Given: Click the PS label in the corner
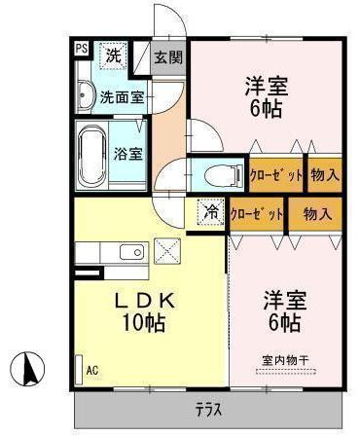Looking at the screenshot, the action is pos(82,49).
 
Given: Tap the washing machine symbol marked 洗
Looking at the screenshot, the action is pos(113,55).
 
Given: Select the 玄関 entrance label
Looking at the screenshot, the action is pos(168,57).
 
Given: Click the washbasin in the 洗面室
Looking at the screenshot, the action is pos(85,95).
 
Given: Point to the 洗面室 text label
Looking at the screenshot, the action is pos(122,96).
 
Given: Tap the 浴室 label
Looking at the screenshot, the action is pos(127,153).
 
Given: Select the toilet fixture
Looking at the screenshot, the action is pos(224,175).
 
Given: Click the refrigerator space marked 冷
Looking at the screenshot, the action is pos(210,212).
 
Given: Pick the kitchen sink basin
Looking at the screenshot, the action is pos(131,251).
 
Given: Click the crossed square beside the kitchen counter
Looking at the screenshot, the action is pos(167,251).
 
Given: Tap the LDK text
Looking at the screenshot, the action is pos(146,302).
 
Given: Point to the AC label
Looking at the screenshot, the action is pos(92,370).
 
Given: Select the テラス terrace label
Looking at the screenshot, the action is pos(209,409).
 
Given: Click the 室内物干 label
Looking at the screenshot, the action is pos(285,360).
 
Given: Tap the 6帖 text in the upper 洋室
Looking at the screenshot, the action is pos(266,109).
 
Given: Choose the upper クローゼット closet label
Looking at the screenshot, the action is pos(275,175).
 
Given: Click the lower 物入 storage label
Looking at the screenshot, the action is pos(317,213).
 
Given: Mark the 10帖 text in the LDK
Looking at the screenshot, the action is pos(144,322).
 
